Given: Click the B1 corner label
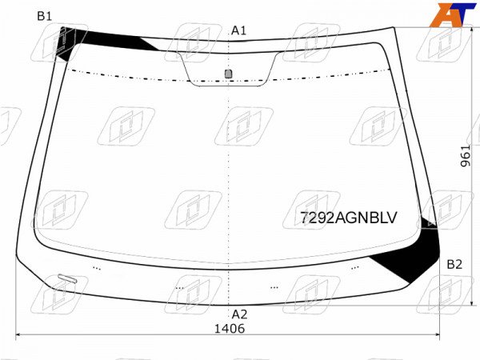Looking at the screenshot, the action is click(44, 16).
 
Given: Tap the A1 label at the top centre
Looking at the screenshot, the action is click(238, 30).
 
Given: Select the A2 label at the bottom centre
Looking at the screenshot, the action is click(239, 314).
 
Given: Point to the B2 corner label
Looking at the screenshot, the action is click(454, 264).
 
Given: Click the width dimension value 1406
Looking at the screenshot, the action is click(230, 329).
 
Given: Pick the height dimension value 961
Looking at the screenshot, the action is click(466, 156).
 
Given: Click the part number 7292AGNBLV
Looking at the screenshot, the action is click(348, 218).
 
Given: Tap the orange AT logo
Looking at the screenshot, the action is click(453, 14).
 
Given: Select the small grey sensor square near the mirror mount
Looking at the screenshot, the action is click(228, 74).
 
